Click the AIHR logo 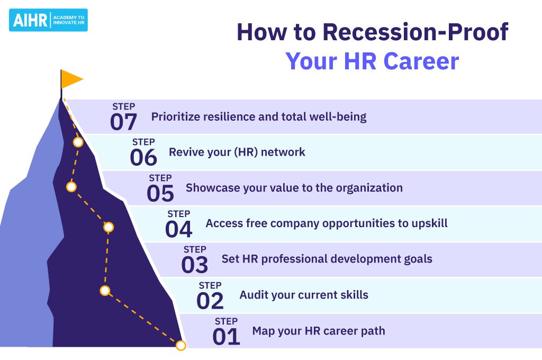click(48, 20)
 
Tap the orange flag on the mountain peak click(71, 79)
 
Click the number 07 click(123, 122)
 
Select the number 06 click(143, 157)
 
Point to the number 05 click(160, 193)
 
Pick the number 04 click(179, 229)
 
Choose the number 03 click(195, 265)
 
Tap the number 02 click(210, 301)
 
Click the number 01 click(226, 337)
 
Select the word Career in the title click(421, 61)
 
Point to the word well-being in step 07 click(338, 117)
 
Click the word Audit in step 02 click(250, 295)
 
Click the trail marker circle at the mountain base click(181, 345)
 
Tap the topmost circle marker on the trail click(78, 142)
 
